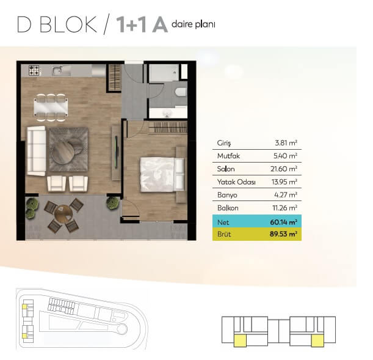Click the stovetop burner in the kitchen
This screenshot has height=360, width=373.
(x=34, y=70)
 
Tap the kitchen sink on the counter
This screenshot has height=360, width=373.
(x=57, y=71)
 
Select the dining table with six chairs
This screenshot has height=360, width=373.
(x=51, y=108)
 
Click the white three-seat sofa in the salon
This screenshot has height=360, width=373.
(x=36, y=151)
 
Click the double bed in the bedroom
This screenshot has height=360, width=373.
(x=162, y=174)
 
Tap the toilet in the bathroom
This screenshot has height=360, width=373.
(x=180, y=92)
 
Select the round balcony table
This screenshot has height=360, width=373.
(x=63, y=213)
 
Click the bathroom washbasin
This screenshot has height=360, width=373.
(x=167, y=113)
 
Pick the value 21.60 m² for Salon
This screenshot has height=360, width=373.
(x=284, y=169)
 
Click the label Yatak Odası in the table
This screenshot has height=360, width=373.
(x=236, y=182)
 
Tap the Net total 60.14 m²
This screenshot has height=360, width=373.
(x=283, y=222)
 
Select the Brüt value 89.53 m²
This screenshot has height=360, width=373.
(x=283, y=234)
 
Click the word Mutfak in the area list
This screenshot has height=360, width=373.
(x=228, y=156)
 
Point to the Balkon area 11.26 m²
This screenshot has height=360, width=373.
(x=285, y=208)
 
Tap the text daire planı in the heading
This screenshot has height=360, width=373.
(x=193, y=24)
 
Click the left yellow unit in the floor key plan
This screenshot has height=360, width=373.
(x=241, y=340)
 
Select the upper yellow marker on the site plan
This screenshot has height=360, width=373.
(x=24, y=307)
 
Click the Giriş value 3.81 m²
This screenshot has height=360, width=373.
(x=286, y=143)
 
